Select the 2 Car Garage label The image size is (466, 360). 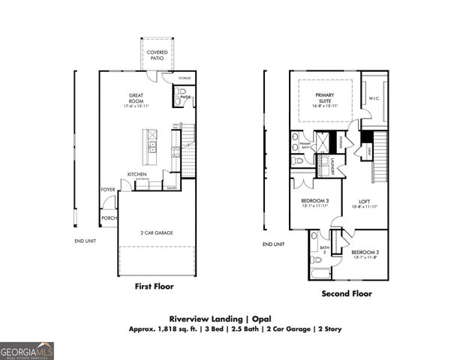point(156,233)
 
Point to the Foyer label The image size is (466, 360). point(108,190)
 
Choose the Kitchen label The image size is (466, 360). point(137,174)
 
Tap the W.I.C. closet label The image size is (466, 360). point(374,98)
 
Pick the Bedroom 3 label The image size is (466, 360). point(315,202)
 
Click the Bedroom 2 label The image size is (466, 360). point(365,253)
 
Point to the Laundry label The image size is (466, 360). point(330,166)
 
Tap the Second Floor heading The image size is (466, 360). point(346,294)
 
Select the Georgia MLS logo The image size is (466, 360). point(27,350)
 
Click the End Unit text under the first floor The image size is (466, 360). point(84,240)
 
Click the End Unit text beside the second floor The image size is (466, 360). point(273,244)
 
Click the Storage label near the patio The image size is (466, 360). point(185,78)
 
